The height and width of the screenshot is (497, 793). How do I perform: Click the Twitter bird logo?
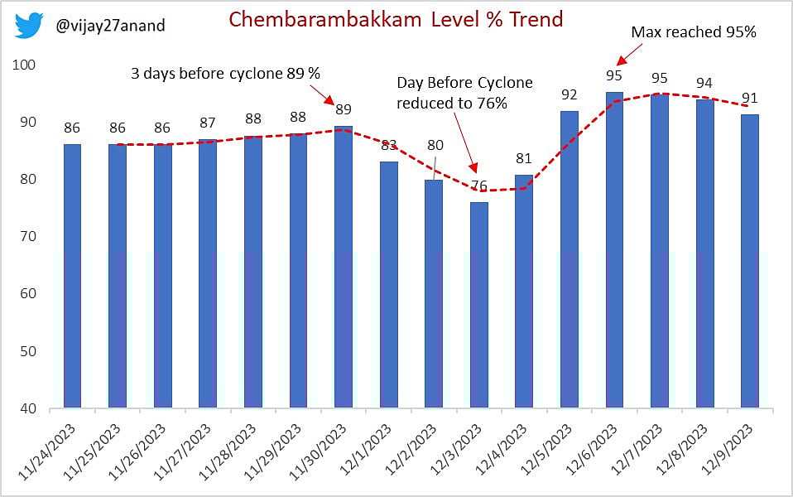[29, 26]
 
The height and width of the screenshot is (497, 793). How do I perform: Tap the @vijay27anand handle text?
[109, 26]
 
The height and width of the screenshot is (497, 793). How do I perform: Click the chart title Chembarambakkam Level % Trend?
[396, 19]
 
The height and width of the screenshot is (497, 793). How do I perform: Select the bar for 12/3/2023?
[479, 305]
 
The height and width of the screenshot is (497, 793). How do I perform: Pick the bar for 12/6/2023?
[614, 250]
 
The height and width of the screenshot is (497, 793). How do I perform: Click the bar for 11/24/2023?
[73, 276]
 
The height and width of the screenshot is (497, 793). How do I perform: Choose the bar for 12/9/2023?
[750, 261]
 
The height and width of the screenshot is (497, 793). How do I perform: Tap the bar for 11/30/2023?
[344, 267]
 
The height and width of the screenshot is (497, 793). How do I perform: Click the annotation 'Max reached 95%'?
[694, 32]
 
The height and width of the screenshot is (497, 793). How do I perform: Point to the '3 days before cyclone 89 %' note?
[225, 73]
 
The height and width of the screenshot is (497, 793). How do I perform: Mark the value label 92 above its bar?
[570, 94]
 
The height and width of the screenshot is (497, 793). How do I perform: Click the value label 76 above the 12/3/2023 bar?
[479, 186]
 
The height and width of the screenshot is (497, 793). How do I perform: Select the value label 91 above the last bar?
[750, 99]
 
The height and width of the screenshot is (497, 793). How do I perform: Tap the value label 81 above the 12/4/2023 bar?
[524, 158]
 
